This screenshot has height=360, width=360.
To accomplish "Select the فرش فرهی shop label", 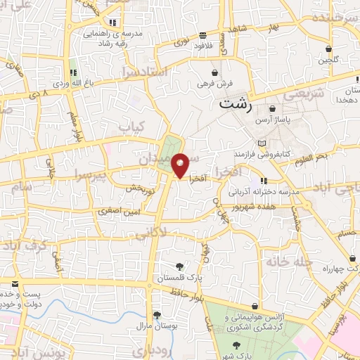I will [x=214, y=84].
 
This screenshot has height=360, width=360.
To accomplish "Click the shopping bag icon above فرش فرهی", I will [x=214, y=72].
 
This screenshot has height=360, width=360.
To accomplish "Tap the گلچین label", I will [x=328, y=60].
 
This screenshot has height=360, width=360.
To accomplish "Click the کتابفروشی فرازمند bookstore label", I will [x=262, y=153].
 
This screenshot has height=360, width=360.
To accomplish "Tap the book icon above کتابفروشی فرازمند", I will [x=262, y=143].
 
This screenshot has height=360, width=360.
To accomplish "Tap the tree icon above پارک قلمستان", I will [x=180, y=266].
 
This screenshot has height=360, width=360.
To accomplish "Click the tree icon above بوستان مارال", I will [x=155, y=314].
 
